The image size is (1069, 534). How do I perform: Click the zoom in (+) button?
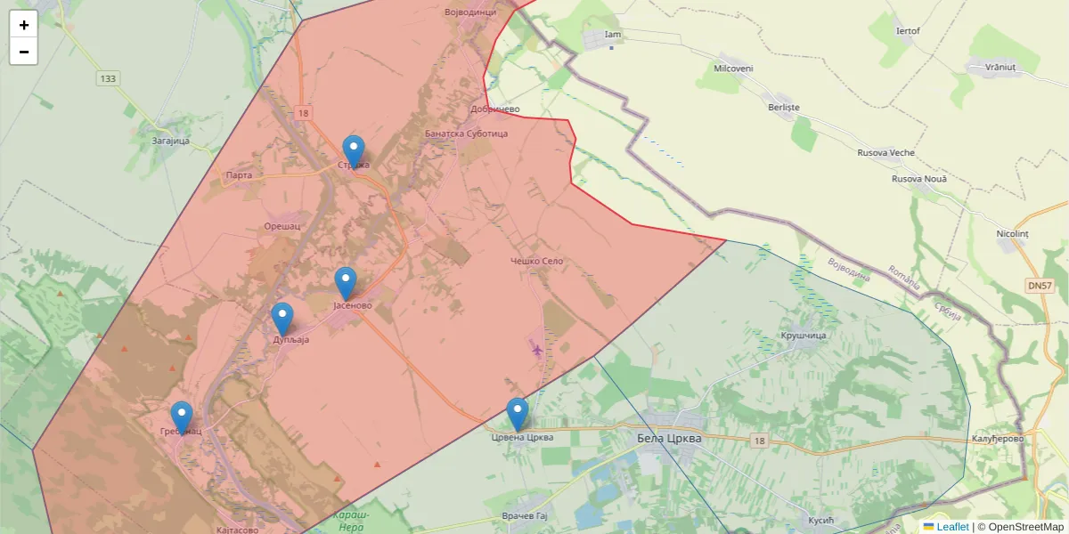[x=23, y=25]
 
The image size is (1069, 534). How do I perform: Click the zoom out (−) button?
[x=23, y=52]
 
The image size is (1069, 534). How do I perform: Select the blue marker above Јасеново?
[x=346, y=283]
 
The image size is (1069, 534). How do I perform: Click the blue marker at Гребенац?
[x=182, y=417]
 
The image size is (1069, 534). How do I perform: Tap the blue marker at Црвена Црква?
[x=518, y=414]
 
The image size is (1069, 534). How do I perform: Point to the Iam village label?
[x=612, y=35]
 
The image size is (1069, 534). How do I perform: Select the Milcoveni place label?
[x=734, y=69]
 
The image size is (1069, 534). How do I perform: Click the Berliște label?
[x=784, y=107]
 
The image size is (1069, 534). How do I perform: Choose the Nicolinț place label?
[x=1012, y=233]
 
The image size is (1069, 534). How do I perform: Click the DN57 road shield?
[x=1039, y=286]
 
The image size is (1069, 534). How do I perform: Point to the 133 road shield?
[x=108, y=78]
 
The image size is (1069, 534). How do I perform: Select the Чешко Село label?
[x=536, y=261]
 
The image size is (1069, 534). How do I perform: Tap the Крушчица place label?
[x=804, y=336]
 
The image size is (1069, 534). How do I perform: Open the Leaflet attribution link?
[x=952, y=527]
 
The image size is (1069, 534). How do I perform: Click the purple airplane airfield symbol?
[x=536, y=348]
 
